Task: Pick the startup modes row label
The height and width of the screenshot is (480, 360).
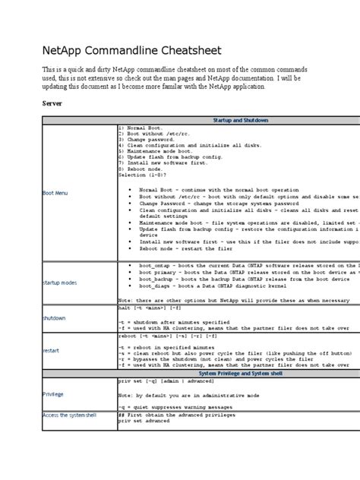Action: tap(60, 282)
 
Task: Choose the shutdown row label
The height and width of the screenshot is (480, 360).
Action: tap(54, 317)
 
